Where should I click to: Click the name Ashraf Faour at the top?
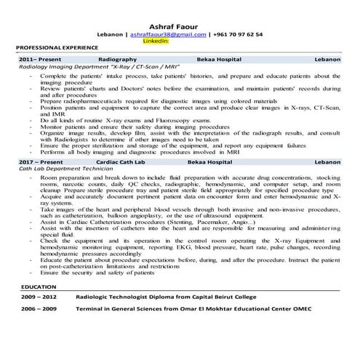tap(180, 23)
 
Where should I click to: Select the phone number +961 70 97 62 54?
tap(237, 34)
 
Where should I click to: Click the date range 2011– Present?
tap(38, 57)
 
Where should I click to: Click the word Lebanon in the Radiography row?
tap(324, 57)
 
